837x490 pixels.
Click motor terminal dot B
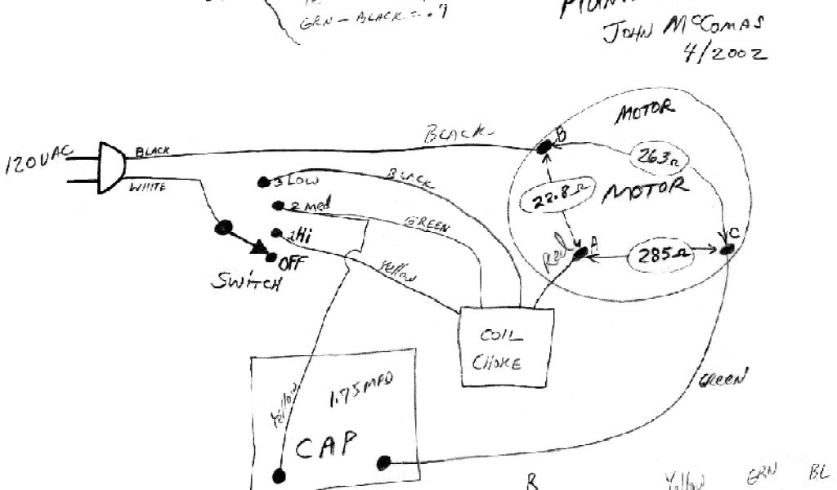point(544,147)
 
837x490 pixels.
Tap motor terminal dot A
point(580,254)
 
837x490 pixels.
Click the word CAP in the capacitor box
point(326,446)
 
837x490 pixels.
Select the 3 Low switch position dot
point(263,181)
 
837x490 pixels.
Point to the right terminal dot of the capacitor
point(382,463)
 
